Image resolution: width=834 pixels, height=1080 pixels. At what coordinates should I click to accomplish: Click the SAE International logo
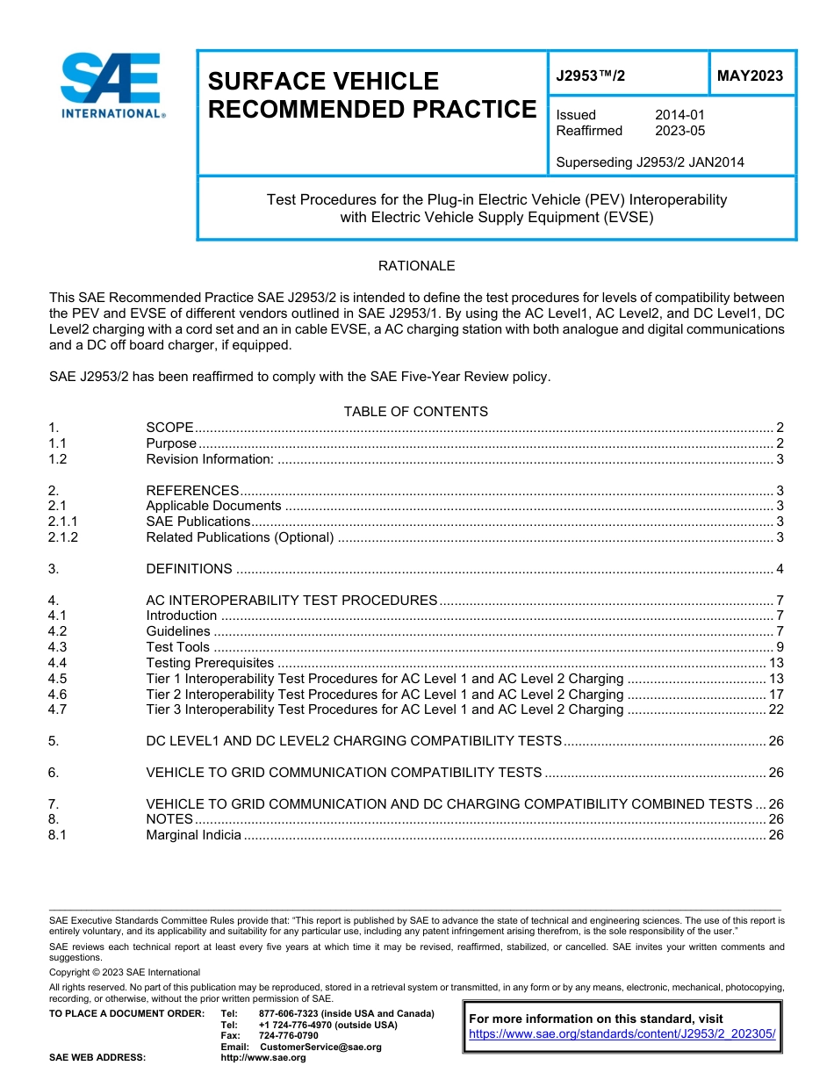pyautogui.click(x=111, y=85)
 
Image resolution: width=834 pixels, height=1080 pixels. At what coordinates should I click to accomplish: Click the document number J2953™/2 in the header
pyautogui.click(x=591, y=76)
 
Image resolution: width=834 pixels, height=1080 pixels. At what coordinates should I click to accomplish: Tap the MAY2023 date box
pyautogui.click(x=750, y=76)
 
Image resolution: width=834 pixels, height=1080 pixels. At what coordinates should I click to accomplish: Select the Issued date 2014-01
pyautogui.click(x=679, y=115)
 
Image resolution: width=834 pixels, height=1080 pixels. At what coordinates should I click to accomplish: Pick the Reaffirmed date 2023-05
pyautogui.click(x=679, y=131)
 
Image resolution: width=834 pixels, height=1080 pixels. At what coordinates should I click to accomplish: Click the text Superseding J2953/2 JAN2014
pyautogui.click(x=650, y=162)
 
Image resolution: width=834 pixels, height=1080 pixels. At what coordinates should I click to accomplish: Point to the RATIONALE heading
pyautogui.click(x=416, y=266)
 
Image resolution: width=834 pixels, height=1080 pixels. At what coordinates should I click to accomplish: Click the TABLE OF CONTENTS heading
pyautogui.click(x=416, y=412)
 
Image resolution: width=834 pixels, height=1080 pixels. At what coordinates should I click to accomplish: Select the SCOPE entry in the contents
pyautogui.click(x=169, y=428)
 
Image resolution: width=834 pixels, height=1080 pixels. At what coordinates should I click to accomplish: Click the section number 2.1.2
pyautogui.click(x=63, y=537)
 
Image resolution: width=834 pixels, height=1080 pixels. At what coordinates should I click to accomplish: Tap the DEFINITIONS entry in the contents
pyautogui.click(x=189, y=569)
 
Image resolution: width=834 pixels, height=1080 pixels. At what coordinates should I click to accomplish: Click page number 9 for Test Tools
pyautogui.click(x=780, y=647)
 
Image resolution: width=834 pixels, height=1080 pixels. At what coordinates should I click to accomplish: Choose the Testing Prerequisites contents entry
pyautogui.click(x=210, y=663)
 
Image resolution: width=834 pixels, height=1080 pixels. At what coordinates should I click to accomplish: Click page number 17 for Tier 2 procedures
pyautogui.click(x=776, y=694)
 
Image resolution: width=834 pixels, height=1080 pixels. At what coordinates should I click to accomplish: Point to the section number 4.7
pyautogui.click(x=57, y=709)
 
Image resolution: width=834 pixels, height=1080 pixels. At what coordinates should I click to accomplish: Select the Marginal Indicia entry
pyautogui.click(x=193, y=835)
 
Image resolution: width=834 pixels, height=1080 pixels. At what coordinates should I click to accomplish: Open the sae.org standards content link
pyautogui.click(x=622, y=1034)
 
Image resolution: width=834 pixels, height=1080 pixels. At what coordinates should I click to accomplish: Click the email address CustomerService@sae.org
pyautogui.click(x=320, y=1047)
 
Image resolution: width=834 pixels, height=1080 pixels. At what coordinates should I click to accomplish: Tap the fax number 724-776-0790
pyautogui.click(x=289, y=1035)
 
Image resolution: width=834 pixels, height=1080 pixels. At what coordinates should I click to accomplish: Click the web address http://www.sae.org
pyautogui.click(x=263, y=1058)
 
